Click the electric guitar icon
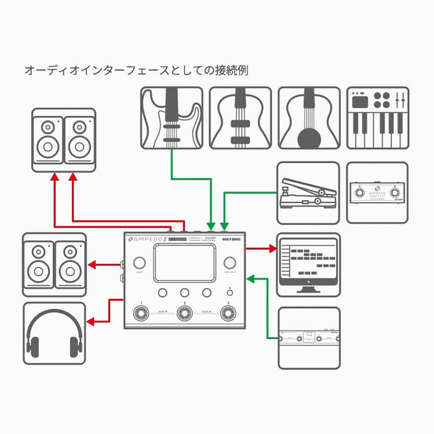pos(171,118)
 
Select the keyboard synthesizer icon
pos(378,118)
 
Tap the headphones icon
pos(55,334)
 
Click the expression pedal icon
pos(308,192)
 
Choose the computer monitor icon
pos(308,263)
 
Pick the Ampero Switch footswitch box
pos(377,193)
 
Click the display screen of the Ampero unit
pos(185,261)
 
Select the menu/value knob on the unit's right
pos(230,262)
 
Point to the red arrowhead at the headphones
pos(91,322)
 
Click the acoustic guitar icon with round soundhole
pos(308,118)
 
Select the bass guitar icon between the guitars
pos(240,118)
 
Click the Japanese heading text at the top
pos(136,69)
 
